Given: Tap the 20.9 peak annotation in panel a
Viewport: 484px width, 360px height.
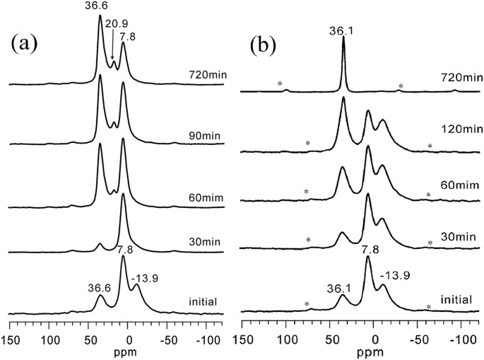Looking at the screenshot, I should (x=117, y=23).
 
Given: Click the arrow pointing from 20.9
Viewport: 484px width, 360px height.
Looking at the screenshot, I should (x=112, y=45).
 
